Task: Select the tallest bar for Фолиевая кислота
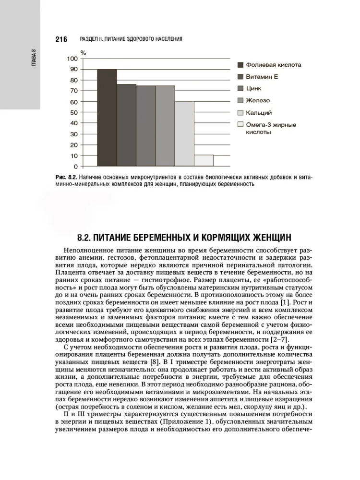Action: pos(107,118)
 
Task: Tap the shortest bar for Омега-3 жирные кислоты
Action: pos(204,160)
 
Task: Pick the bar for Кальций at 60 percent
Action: pos(184,133)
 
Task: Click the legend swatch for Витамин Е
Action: pos(241,77)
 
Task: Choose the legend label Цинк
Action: pos(254,89)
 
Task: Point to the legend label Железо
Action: pos(258,101)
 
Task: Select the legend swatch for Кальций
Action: pos(241,113)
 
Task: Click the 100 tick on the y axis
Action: pos(72,59)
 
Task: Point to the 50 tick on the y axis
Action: pos(73,112)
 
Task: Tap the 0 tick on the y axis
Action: pos(75,167)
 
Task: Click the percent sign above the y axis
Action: pos(83,52)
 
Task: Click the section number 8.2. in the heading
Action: pos(87,237)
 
